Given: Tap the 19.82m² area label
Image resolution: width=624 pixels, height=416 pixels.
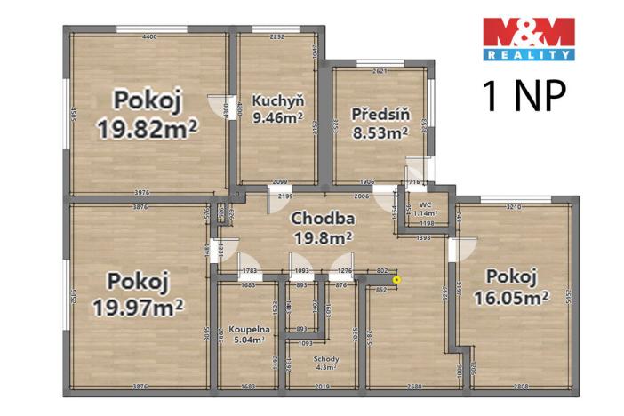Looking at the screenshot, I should [x=148, y=130].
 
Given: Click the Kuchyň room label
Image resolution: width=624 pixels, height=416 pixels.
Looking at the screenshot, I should [x=276, y=100].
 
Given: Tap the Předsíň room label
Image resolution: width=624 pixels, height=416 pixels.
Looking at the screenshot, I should [x=379, y=114].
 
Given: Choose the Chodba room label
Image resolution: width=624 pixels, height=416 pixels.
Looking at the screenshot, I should [x=323, y=219].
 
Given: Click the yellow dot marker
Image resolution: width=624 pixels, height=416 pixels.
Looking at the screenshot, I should [x=397, y=280].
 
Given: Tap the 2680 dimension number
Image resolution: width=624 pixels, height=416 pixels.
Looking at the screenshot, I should [x=408, y=387].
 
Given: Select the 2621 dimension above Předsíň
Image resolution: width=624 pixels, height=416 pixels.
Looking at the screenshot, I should [x=380, y=70].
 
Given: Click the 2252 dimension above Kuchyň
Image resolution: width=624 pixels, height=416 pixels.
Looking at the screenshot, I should [x=276, y=36].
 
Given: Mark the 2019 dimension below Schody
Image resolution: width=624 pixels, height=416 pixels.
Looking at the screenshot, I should [x=322, y=387].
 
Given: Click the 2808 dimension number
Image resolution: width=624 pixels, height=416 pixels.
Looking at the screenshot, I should [x=520, y=387].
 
